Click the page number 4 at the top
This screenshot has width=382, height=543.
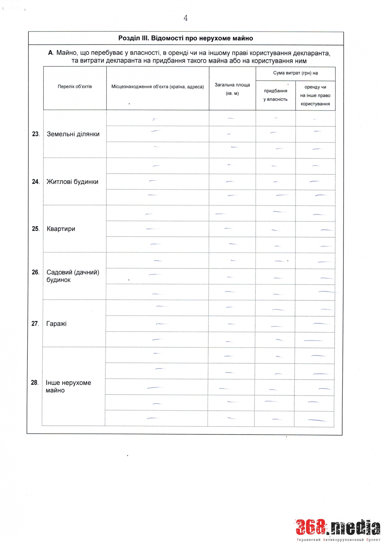click(x=186, y=18)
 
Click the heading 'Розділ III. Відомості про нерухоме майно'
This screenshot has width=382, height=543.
click(x=186, y=38)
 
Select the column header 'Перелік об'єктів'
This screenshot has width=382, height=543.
click(x=75, y=87)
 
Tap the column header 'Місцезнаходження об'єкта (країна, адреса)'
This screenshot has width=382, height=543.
click(x=158, y=87)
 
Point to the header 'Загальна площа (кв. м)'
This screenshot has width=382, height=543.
click(x=232, y=89)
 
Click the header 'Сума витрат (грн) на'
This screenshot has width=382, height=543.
click(x=295, y=73)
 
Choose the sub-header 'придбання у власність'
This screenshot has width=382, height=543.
click(x=275, y=95)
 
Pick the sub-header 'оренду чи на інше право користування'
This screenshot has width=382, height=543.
click(x=315, y=95)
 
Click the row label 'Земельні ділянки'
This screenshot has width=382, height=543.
click(x=73, y=134)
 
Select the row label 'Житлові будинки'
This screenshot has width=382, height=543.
click(x=72, y=182)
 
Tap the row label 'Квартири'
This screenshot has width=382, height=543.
click(x=61, y=229)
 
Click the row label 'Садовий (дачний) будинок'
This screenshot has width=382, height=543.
click(x=73, y=276)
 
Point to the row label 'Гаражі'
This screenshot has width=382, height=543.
click(x=56, y=324)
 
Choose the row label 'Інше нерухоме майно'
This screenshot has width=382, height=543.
click(x=68, y=386)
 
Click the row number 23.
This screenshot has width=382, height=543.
click(x=36, y=134)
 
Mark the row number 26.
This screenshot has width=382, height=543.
click(x=35, y=272)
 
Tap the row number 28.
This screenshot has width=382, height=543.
click(x=34, y=383)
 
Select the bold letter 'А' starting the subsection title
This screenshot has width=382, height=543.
click(x=50, y=53)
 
